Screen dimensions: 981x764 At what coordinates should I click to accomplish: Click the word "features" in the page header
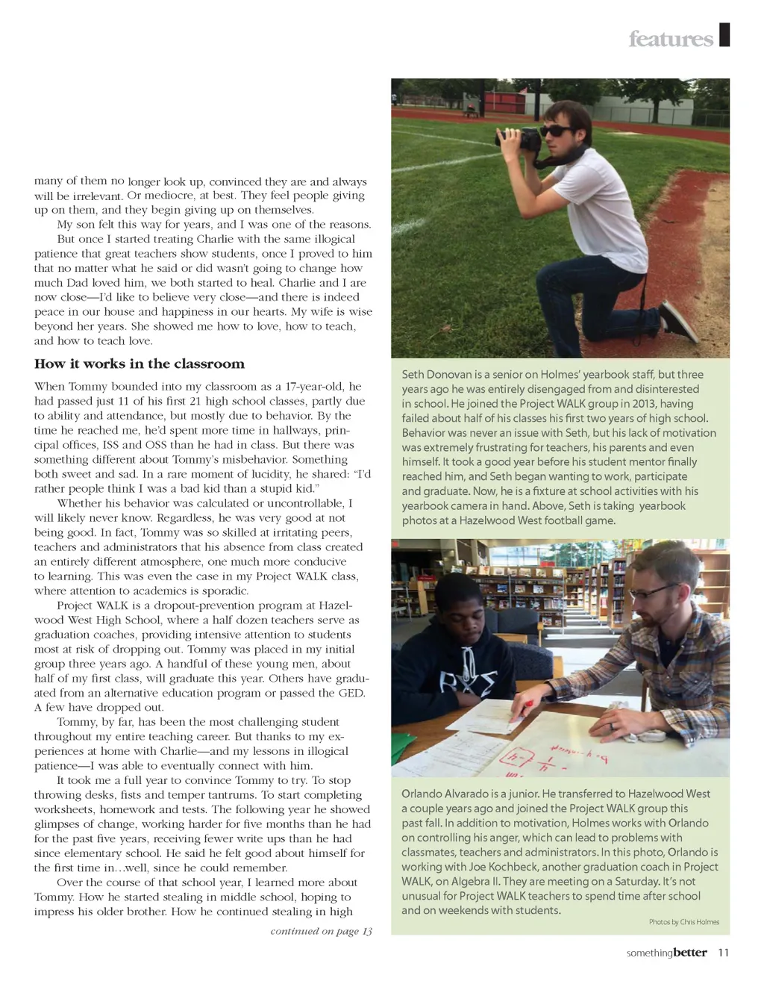coord(670,39)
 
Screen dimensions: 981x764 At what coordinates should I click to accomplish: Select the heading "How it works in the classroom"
coord(140,364)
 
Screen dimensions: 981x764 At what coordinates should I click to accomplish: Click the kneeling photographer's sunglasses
coord(556,131)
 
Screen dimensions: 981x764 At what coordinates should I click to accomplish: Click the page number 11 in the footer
coord(723,953)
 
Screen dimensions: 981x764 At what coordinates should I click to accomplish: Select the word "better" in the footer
coord(689,953)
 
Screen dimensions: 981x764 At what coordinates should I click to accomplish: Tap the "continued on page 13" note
coord(321,931)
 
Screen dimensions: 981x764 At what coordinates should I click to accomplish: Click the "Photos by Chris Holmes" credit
coord(683,922)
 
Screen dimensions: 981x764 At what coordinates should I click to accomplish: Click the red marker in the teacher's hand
coord(527,703)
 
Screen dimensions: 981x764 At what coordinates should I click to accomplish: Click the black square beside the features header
coord(724,35)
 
